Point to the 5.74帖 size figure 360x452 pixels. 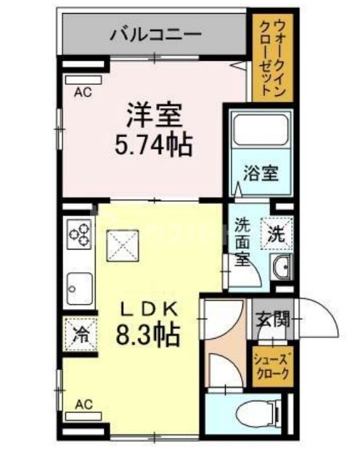point(153,146)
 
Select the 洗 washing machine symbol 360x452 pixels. point(277,234)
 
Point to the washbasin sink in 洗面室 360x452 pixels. point(280,268)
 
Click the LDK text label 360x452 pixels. point(150,308)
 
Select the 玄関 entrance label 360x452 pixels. point(274,319)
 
